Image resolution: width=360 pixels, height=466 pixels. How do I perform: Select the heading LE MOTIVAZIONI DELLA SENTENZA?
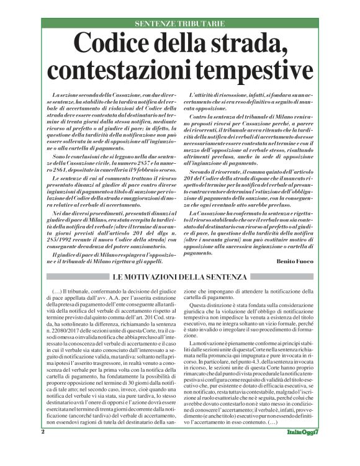click(179, 276)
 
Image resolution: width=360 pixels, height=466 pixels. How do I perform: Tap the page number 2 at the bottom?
click(43, 448)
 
